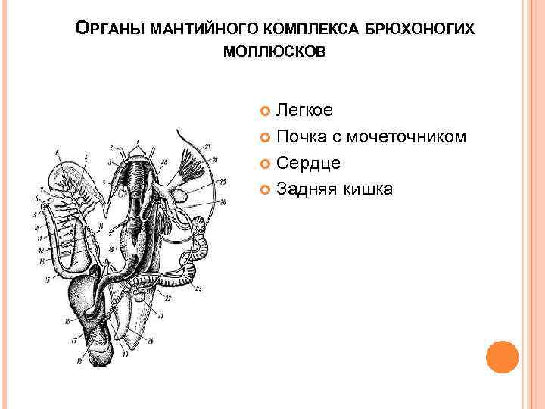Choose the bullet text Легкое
click(304, 111)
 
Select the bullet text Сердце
click(308, 163)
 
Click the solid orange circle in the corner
click(502, 357)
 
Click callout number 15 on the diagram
click(48, 280)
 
